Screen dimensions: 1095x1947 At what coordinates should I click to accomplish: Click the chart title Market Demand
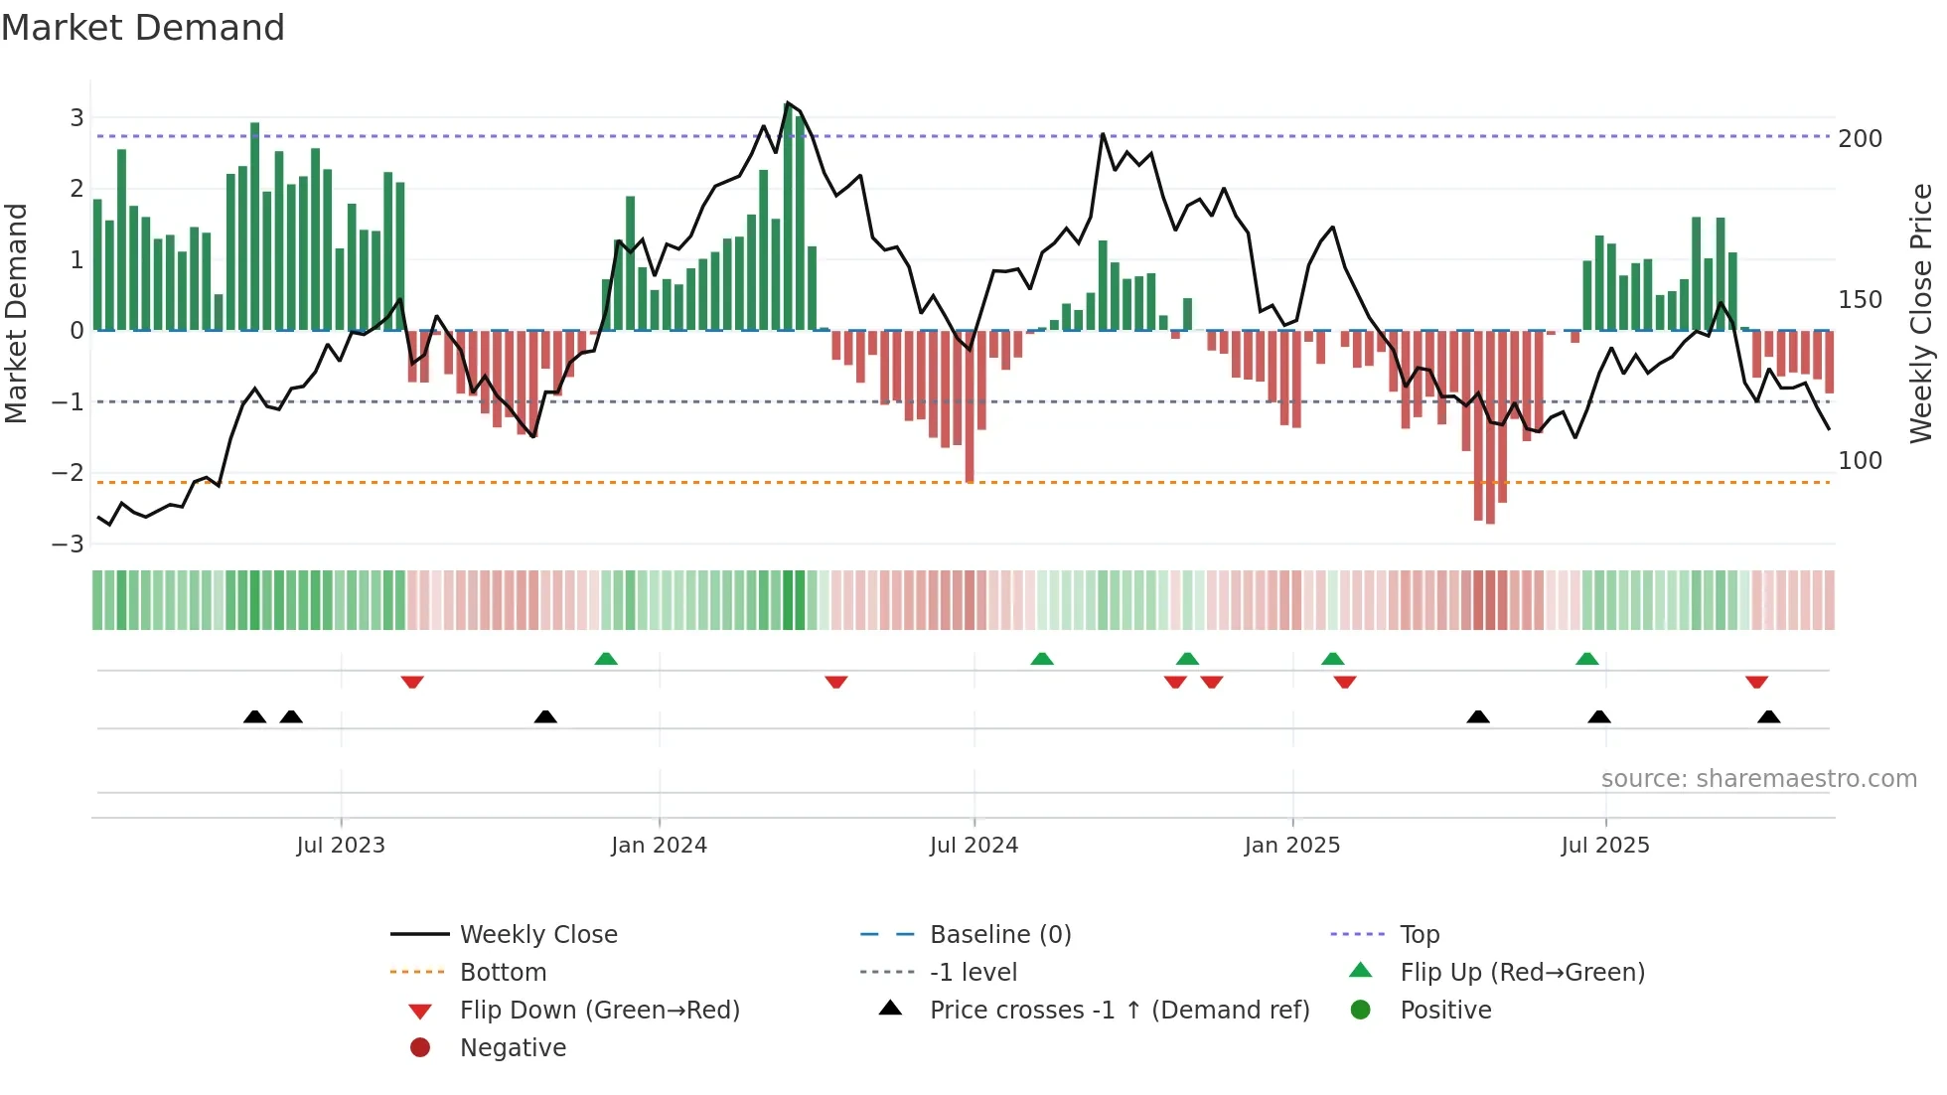[x=143, y=28]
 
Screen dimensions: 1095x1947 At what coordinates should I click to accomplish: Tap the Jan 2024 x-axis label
[x=659, y=846]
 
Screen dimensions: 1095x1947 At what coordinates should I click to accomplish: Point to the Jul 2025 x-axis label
[x=1604, y=846]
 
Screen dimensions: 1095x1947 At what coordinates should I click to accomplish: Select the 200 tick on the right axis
[x=1860, y=139]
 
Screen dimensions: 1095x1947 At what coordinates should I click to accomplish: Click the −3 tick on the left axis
[x=69, y=545]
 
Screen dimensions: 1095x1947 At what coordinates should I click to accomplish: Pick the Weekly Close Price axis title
[x=1921, y=313]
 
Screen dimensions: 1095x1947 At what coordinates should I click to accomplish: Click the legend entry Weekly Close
[x=537, y=935]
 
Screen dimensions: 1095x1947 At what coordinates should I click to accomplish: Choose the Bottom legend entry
[x=503, y=973]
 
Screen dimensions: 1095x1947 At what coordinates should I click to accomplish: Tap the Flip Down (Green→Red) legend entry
[x=599, y=1011]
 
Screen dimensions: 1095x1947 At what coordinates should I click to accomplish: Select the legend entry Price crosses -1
[x=1119, y=1011]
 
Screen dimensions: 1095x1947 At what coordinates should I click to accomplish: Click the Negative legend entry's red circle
[x=420, y=1048]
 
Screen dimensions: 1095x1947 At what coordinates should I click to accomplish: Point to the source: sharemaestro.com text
[x=1758, y=779]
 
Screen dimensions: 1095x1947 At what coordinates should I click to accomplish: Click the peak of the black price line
[x=788, y=103]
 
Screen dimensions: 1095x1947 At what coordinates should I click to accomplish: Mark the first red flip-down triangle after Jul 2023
[x=412, y=682]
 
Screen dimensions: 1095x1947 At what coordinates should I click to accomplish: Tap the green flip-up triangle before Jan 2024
[x=606, y=659]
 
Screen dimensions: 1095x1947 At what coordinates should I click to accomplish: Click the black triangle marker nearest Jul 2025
[x=1598, y=716]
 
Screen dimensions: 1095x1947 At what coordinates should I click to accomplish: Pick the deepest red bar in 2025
[x=1490, y=427]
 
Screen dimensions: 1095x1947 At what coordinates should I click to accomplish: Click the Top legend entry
[x=1419, y=935]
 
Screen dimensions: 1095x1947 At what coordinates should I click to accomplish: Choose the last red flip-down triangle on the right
[x=1756, y=682]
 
